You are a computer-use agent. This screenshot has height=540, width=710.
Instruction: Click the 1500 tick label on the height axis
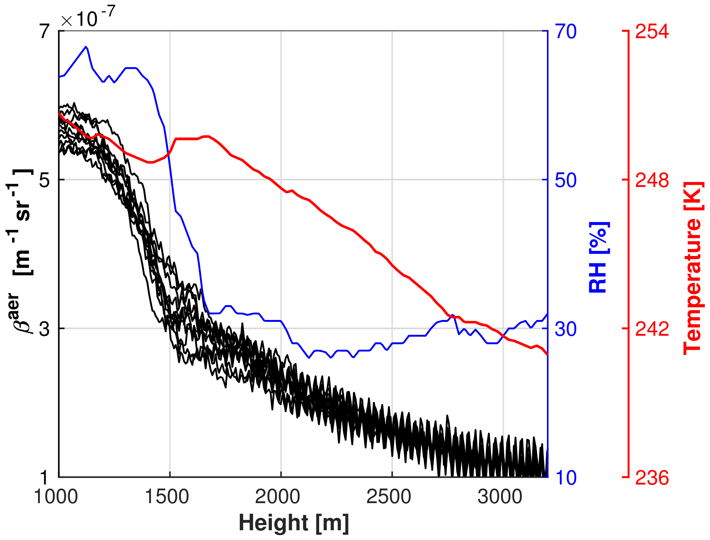(x=167, y=496)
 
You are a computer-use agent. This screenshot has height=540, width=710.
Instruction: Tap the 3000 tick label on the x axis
(x=500, y=496)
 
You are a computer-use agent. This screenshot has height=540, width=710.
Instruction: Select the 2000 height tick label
(x=278, y=496)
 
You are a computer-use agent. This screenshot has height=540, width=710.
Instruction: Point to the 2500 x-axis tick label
(x=389, y=496)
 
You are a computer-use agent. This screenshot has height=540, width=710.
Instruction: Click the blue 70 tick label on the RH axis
(x=566, y=31)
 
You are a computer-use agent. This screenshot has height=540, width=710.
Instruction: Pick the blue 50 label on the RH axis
(x=566, y=180)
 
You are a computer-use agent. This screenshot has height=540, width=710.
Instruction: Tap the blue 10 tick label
(x=566, y=478)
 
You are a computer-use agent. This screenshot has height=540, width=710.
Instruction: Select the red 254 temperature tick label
(x=652, y=31)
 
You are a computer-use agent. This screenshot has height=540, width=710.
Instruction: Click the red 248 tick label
(x=652, y=180)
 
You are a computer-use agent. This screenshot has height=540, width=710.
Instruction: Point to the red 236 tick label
(x=652, y=478)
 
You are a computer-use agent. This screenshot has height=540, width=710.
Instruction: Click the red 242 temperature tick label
(x=652, y=328)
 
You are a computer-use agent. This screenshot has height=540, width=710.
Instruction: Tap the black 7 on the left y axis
(x=45, y=31)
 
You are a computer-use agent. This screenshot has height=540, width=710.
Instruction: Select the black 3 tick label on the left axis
(x=45, y=328)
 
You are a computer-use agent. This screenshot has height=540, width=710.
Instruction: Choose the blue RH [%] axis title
(x=599, y=257)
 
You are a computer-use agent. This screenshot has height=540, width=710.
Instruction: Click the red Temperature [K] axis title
(x=693, y=268)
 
